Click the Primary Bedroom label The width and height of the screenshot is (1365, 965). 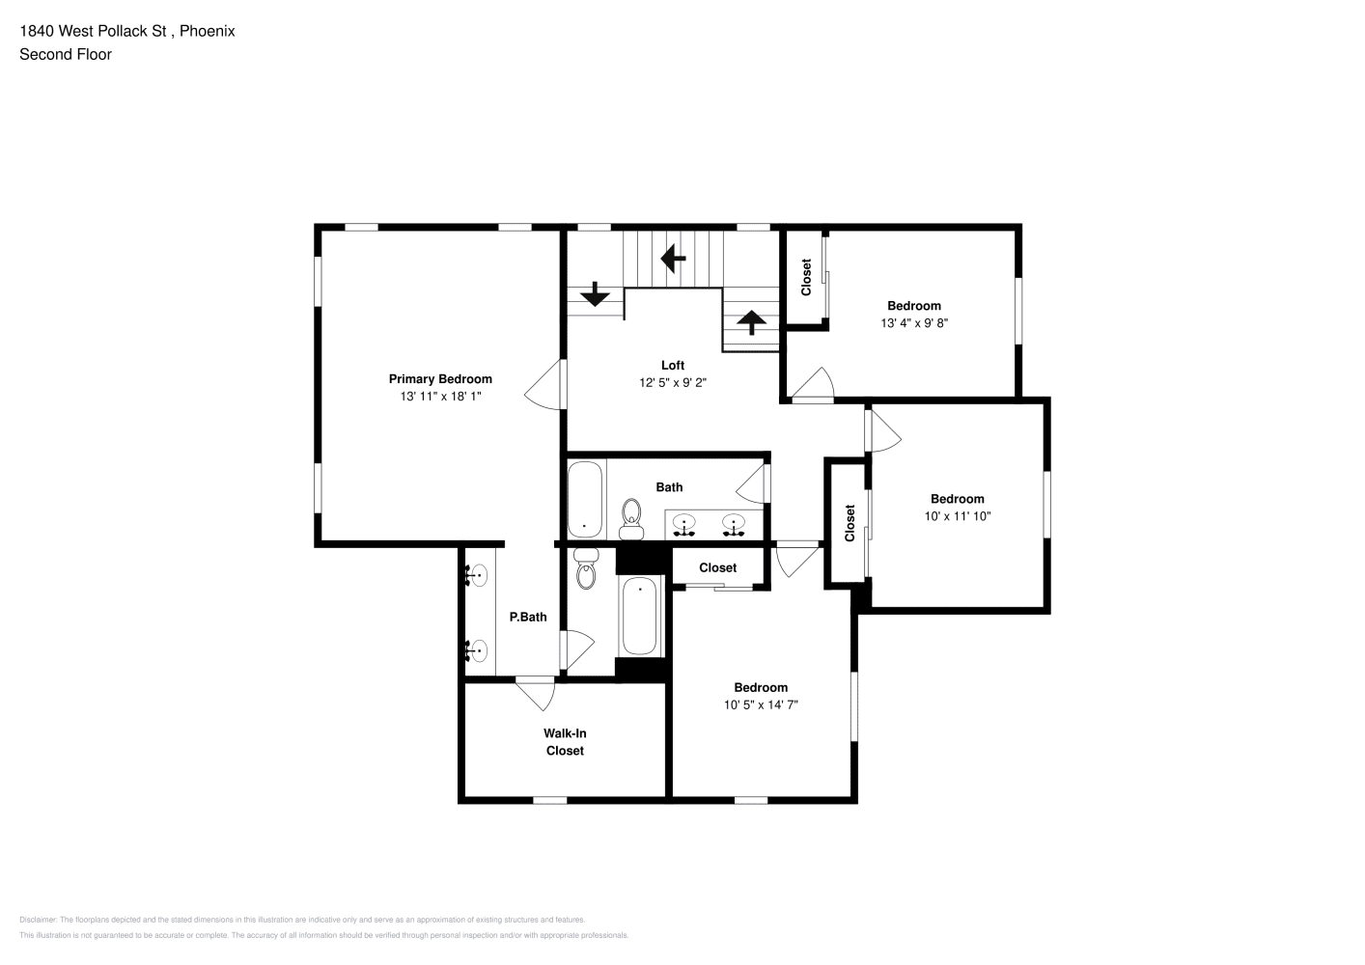(440, 379)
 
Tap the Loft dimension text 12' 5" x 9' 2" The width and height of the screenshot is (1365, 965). (673, 382)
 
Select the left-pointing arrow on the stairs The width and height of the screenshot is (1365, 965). (674, 259)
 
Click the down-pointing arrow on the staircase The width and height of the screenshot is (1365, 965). (595, 294)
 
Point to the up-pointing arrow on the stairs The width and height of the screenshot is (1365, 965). (751, 322)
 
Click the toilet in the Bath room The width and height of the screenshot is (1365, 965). (631, 520)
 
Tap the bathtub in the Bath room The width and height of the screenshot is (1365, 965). (585, 500)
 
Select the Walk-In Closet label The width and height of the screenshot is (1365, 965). (565, 742)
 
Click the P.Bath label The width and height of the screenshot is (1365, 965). (528, 618)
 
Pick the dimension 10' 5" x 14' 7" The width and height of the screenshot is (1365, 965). (761, 704)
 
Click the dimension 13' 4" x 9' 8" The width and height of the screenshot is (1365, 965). (914, 323)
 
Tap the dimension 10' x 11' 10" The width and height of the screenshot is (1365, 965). (958, 516)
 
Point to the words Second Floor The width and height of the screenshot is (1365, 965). (66, 54)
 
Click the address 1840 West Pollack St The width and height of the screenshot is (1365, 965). (94, 31)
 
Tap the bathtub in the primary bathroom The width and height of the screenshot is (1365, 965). (639, 616)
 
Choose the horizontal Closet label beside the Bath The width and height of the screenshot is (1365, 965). (718, 567)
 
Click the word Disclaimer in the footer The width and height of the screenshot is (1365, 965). (38, 920)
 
